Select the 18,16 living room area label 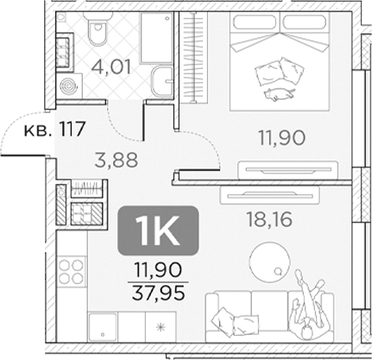pos(269,218)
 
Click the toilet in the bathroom pos(97,33)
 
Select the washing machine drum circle pos(66,86)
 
